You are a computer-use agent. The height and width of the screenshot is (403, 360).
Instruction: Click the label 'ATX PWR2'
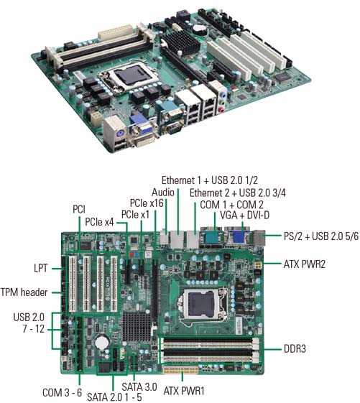(305, 264)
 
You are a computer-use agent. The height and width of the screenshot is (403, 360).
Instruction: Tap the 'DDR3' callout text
(295, 349)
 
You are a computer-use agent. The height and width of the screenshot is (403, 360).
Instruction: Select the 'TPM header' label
(24, 292)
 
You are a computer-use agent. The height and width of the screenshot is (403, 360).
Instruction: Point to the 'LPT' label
(41, 269)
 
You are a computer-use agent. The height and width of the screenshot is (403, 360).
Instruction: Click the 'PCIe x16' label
(147, 203)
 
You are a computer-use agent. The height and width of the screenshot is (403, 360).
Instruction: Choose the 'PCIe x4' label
(99, 222)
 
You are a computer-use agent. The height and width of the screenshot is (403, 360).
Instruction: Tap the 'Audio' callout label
(163, 193)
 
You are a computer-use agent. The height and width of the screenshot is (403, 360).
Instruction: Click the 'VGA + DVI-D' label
(244, 215)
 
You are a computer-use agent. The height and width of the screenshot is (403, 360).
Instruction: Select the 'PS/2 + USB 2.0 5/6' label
(321, 236)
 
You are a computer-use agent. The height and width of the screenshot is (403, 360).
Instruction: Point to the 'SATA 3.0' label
(139, 386)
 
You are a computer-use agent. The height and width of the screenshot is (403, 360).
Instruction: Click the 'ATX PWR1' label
(184, 392)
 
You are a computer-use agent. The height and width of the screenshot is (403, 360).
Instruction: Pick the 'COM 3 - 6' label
(62, 392)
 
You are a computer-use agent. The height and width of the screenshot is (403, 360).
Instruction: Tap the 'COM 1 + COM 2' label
(231, 205)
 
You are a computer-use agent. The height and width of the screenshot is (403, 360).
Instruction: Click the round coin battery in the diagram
(102, 343)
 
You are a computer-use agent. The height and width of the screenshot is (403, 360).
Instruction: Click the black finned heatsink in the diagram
(137, 327)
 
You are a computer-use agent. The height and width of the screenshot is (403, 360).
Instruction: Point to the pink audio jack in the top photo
(221, 110)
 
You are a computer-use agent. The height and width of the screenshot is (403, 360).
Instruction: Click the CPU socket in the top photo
(129, 76)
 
